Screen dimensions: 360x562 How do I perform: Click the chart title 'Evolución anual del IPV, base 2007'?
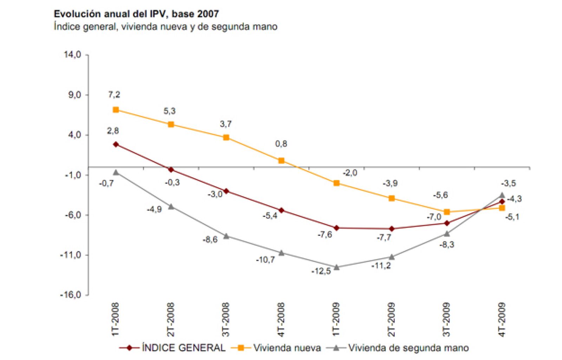pyautogui.click(x=136, y=14)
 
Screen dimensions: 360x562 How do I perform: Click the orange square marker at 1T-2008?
pyautogui.click(x=116, y=110)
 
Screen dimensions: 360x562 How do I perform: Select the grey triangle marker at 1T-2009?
pyautogui.click(x=336, y=267)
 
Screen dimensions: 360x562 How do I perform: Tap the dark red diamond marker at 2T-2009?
pyautogui.click(x=392, y=229)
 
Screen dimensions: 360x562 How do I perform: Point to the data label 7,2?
pyautogui.click(x=114, y=94)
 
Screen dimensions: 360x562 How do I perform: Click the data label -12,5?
pyautogui.click(x=321, y=271)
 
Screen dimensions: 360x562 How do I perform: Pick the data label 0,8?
pyautogui.click(x=281, y=143)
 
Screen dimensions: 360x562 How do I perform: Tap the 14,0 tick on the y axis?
pyautogui.click(x=72, y=55)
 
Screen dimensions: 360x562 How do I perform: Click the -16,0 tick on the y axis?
pyautogui.click(x=71, y=295)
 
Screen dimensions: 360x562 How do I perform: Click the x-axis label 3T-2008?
pyautogui.click(x=226, y=319)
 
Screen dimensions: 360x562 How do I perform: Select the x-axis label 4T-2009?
pyautogui.click(x=502, y=319)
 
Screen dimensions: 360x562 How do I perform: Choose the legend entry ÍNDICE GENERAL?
pyautogui.click(x=183, y=348)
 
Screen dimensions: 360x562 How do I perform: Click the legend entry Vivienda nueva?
pyautogui.click(x=287, y=348)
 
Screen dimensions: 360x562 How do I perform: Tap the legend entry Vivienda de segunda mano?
pyautogui.click(x=408, y=348)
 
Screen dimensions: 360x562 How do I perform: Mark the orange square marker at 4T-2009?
pyautogui.click(x=502, y=208)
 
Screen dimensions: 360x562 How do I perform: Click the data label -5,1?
pyautogui.click(x=512, y=217)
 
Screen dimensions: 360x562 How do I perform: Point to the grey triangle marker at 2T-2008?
pyautogui.click(x=171, y=206)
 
